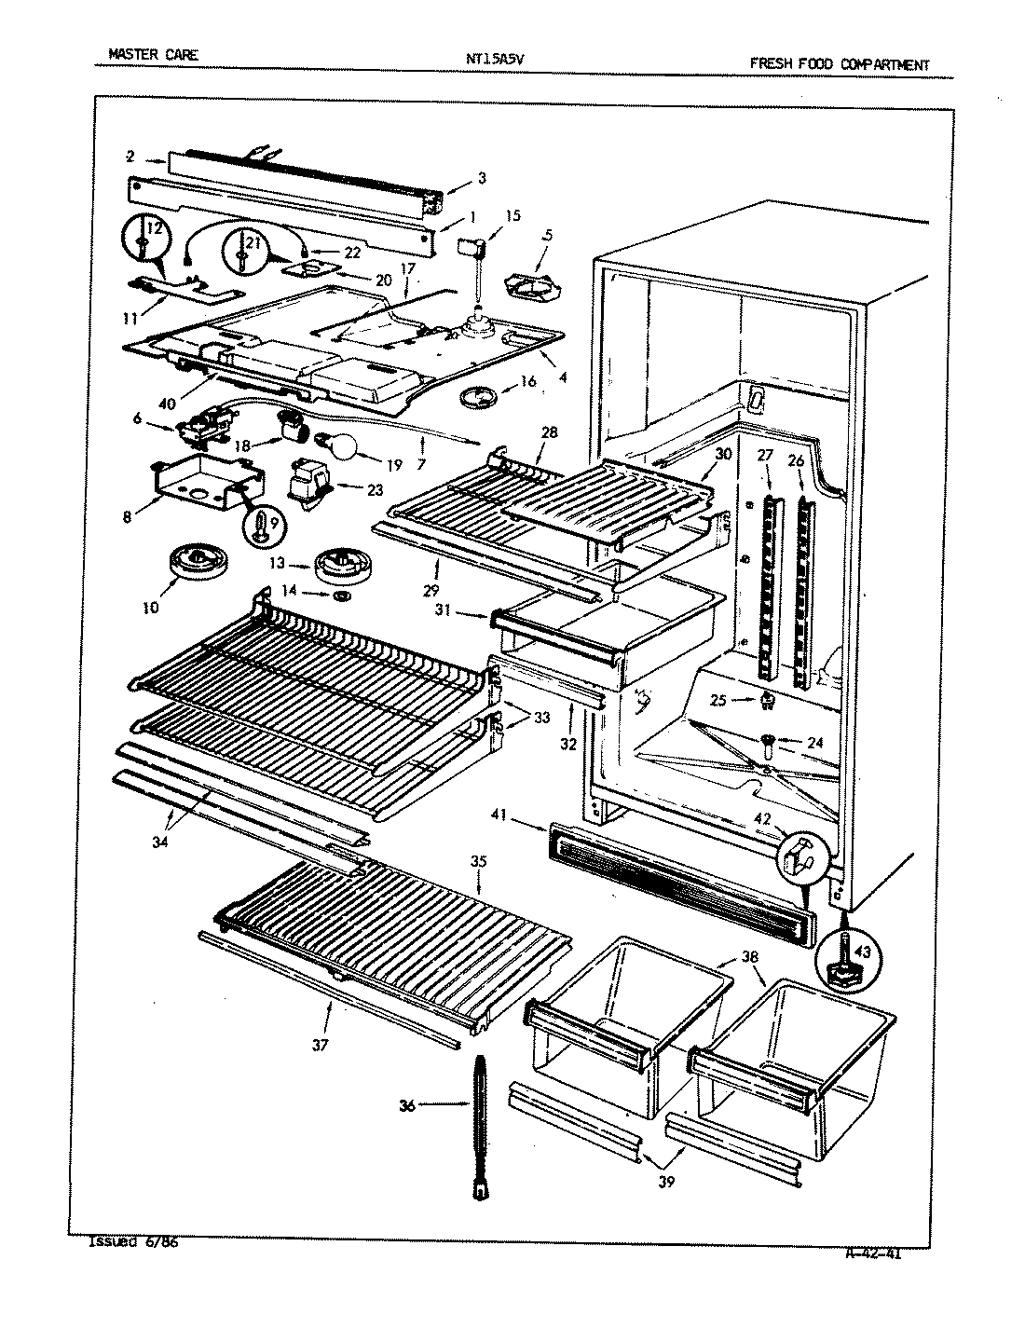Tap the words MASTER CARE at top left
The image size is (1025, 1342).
pyautogui.click(x=153, y=55)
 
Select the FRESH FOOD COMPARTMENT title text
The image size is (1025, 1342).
pyautogui.click(x=839, y=64)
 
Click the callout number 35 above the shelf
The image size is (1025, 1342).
pyautogui.click(x=479, y=862)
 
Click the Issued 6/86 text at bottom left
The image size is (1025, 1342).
pyautogui.click(x=131, y=1242)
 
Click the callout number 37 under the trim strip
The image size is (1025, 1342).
pyautogui.click(x=320, y=1046)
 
